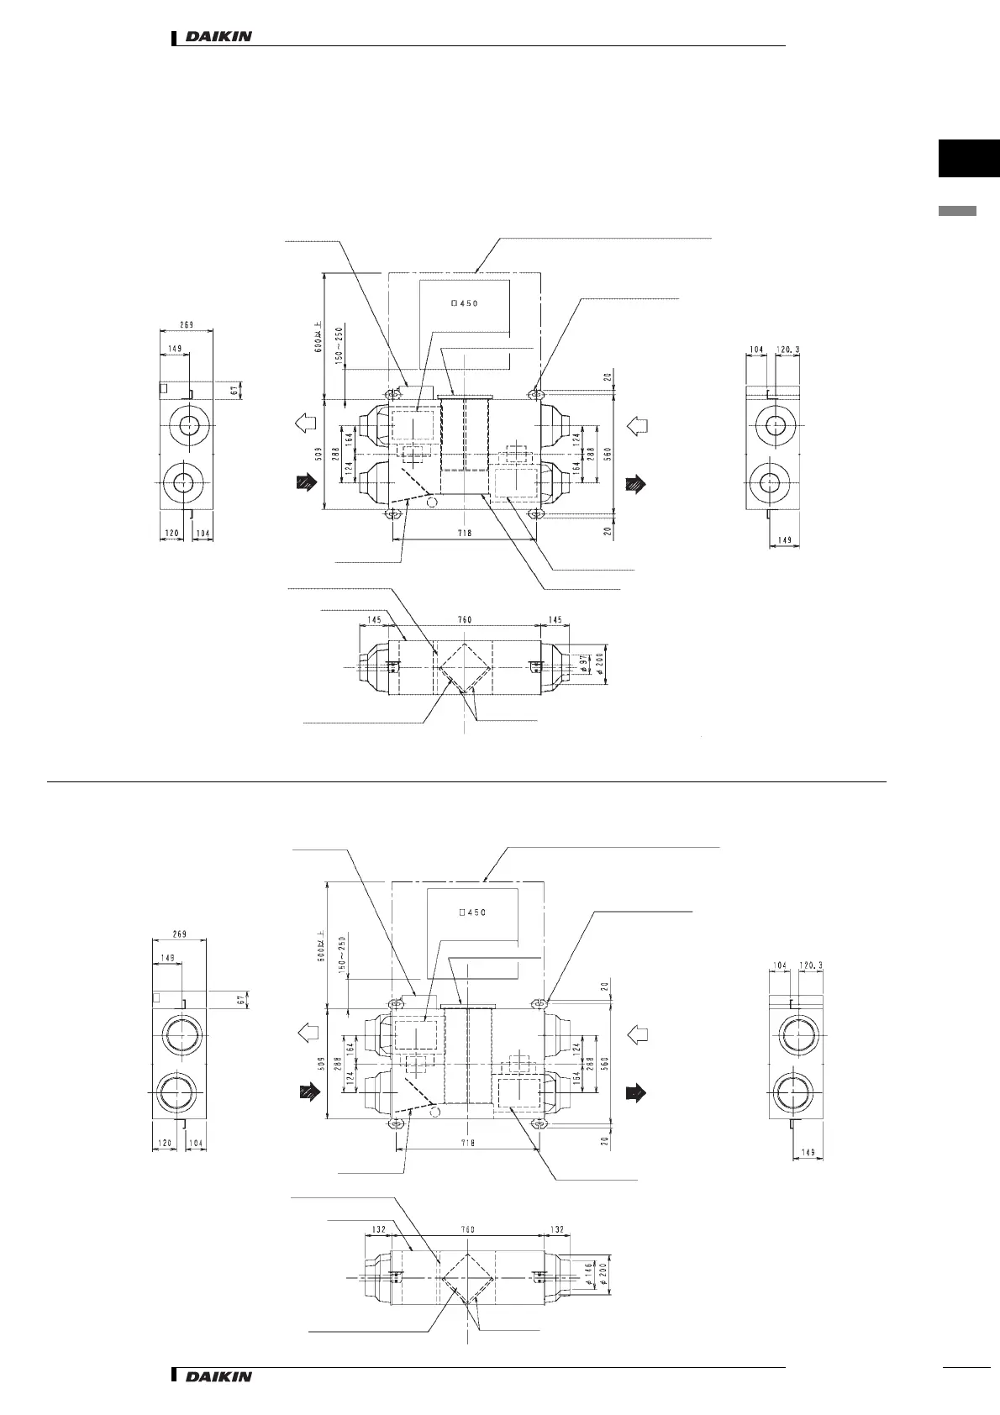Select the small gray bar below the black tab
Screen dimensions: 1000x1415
point(957,211)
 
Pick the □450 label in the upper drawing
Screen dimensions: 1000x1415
point(465,304)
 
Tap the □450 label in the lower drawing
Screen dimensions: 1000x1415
point(473,913)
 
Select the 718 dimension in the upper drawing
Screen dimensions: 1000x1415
point(465,533)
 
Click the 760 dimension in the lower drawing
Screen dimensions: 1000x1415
point(469,1229)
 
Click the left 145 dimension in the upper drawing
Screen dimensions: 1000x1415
point(373,620)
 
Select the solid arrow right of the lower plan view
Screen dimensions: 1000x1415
point(636,1092)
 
